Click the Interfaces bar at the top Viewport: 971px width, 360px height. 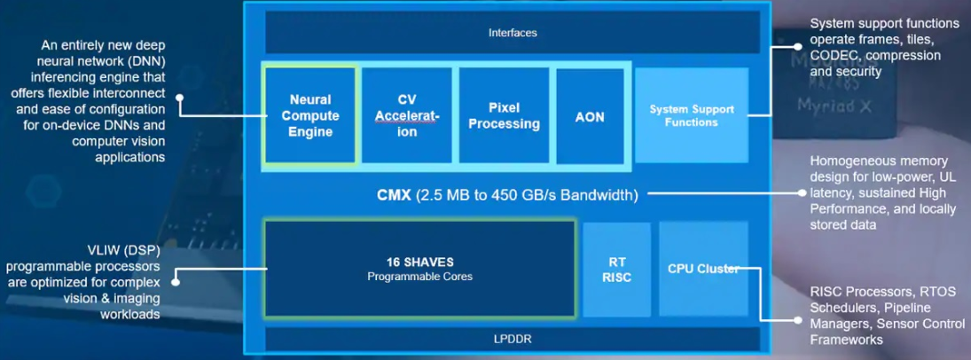513,33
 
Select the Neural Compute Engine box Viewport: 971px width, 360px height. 310,116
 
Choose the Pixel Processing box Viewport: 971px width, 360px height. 504,116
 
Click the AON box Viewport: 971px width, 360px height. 590,116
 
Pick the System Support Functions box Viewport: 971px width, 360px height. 691,116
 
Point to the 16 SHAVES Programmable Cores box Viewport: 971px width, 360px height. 420,269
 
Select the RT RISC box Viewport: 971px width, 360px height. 616,269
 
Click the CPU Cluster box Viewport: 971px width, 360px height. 703,269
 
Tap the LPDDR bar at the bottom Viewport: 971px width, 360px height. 513,339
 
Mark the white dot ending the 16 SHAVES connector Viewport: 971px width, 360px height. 176,282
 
